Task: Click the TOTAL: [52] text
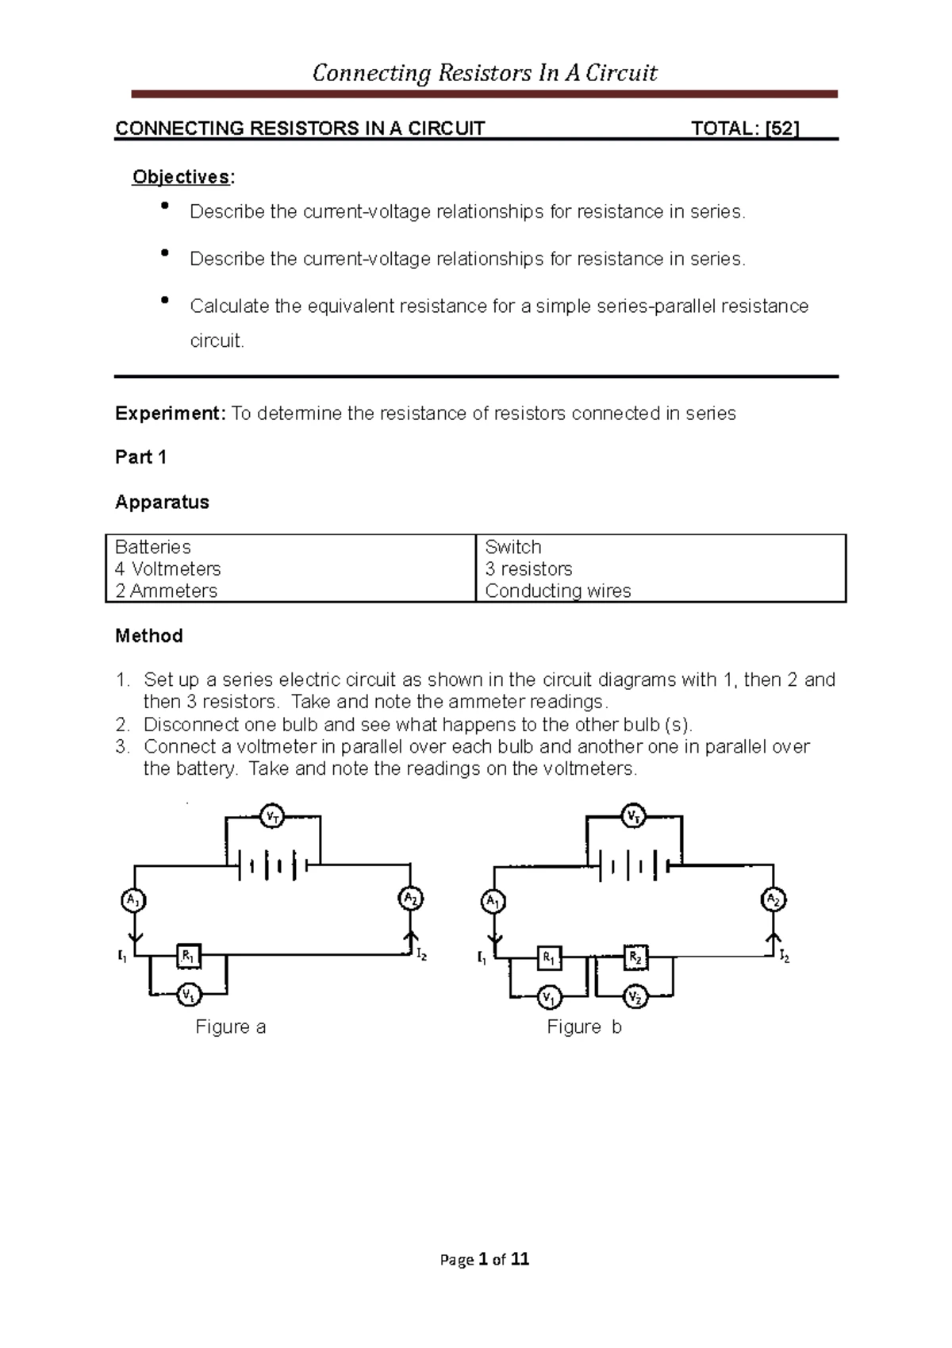(745, 129)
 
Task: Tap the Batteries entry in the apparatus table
(153, 547)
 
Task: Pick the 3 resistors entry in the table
(528, 569)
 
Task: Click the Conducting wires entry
(558, 591)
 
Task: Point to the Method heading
(149, 636)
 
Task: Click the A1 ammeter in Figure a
(133, 900)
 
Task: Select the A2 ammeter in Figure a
(410, 899)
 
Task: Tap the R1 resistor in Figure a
(188, 956)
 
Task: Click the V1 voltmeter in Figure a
(188, 994)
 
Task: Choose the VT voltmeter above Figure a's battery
(273, 816)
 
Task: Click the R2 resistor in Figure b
(635, 957)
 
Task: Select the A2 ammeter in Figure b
(773, 899)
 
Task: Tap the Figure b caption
(584, 1027)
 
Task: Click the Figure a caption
(230, 1027)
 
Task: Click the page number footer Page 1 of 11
(484, 1259)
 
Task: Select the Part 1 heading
(140, 457)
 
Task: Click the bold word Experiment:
(171, 414)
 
